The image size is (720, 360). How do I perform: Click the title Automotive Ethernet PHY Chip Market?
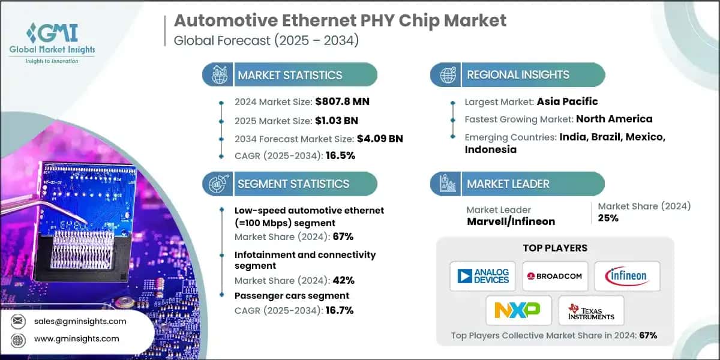[x=340, y=20]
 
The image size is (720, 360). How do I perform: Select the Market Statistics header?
[x=290, y=75]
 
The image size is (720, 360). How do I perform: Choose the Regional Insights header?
[x=518, y=75]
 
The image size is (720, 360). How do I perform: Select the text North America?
[x=614, y=119]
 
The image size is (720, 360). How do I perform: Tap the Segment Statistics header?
[x=293, y=184]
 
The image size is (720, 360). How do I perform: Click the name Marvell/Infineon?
[x=511, y=221]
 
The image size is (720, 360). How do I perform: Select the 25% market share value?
[x=608, y=218]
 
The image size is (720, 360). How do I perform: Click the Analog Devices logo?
[x=484, y=276]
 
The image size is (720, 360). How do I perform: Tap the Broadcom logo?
[x=555, y=276]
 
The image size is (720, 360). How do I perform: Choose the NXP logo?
[x=517, y=310]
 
